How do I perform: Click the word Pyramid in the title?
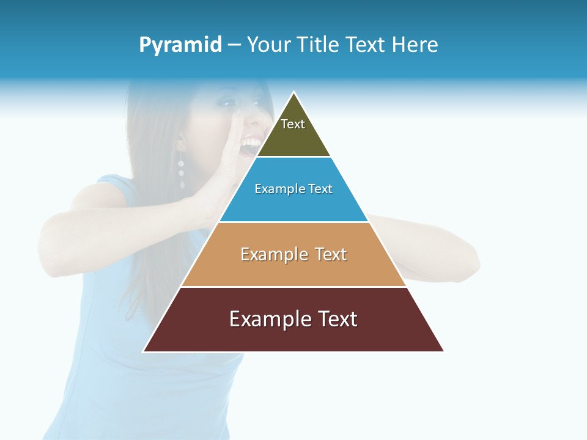[180, 45]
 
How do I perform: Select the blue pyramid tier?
[293, 205]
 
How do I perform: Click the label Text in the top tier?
[293, 124]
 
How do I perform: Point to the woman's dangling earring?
[182, 174]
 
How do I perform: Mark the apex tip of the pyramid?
[294, 93]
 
